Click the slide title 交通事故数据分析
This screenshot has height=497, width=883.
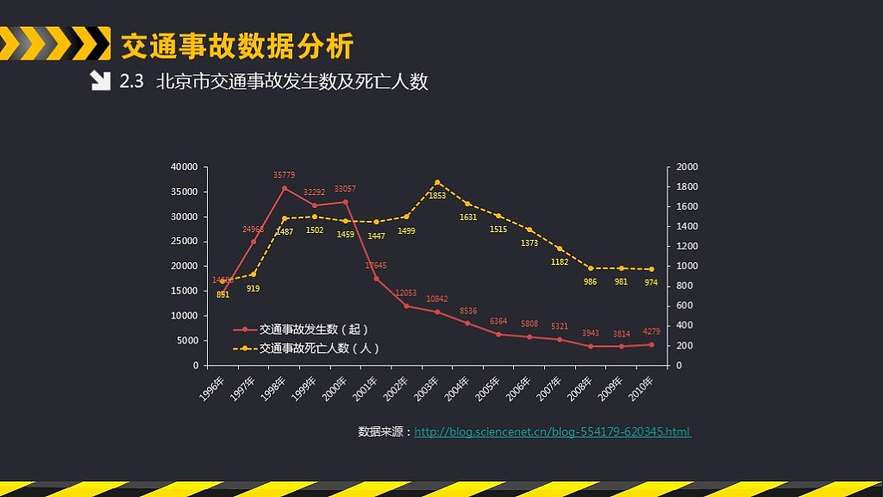[x=237, y=45]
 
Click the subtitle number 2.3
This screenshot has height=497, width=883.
[x=131, y=82]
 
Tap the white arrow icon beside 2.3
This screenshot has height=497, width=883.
[x=100, y=81]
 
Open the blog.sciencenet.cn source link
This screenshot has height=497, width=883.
[x=552, y=431]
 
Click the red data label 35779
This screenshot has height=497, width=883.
[x=285, y=175]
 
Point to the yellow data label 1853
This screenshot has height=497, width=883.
[x=437, y=196]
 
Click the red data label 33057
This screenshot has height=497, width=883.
[x=345, y=189]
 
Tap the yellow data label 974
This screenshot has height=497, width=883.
[x=651, y=282]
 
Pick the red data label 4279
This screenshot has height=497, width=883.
[x=652, y=332]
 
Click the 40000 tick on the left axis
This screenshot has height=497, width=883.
[x=185, y=167]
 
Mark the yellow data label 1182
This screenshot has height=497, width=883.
[x=560, y=261]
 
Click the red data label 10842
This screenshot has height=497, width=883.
[x=437, y=299]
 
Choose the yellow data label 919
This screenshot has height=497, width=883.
[x=253, y=288]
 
